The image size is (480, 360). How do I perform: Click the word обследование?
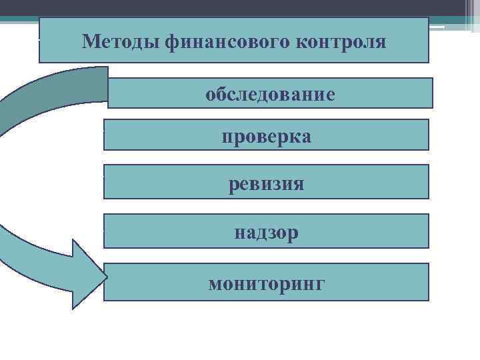click(270, 94)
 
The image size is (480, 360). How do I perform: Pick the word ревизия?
click(267, 183)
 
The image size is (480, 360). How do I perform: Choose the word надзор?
click(267, 233)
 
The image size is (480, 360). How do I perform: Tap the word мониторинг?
click(267, 284)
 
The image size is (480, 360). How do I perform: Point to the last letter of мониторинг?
click(321, 284)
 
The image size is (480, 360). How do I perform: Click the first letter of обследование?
click(210, 94)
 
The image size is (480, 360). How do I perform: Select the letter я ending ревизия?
click(299, 183)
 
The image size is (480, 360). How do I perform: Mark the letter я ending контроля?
click(381, 42)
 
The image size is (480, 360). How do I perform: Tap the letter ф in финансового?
click(170, 43)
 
